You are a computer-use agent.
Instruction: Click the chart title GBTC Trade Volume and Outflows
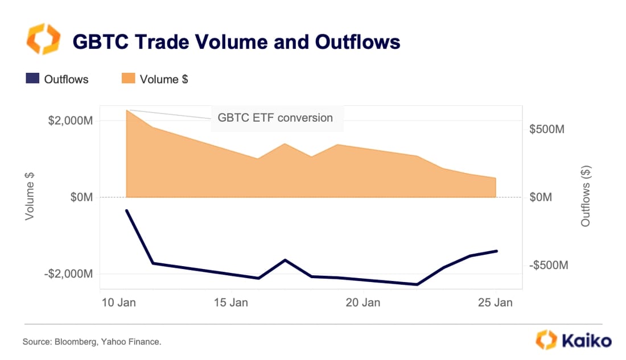click(236, 42)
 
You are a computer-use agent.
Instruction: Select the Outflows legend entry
click(57, 80)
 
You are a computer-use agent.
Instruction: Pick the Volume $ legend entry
click(155, 80)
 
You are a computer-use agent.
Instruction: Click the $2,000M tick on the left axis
click(70, 121)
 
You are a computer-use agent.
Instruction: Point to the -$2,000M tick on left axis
click(68, 274)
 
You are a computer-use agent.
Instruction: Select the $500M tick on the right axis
click(546, 130)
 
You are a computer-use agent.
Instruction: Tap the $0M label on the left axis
click(81, 197)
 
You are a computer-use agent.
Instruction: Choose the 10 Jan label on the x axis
click(118, 303)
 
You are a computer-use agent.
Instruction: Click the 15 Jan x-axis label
click(230, 303)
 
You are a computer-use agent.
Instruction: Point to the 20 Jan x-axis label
click(363, 303)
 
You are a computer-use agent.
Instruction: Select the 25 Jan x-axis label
click(495, 303)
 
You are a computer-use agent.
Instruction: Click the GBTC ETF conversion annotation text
click(275, 118)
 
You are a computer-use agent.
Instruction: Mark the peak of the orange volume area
click(127, 110)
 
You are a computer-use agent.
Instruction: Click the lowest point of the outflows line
click(417, 284)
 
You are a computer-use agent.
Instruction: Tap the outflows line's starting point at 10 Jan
click(126, 210)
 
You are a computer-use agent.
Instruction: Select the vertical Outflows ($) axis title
click(586, 197)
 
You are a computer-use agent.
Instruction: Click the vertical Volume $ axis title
click(30, 197)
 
